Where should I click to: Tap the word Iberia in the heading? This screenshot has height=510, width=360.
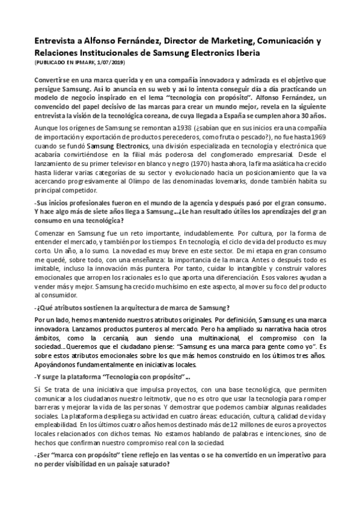pos(246,52)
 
